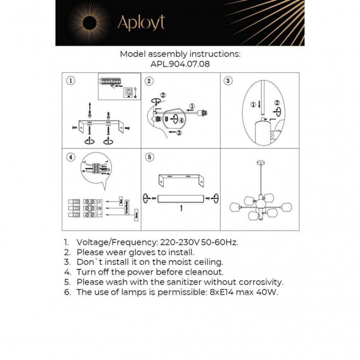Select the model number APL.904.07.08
click(180, 63)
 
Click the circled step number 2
click(149, 81)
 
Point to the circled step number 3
click(227, 81)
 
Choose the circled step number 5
click(149, 158)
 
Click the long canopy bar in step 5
click(180, 197)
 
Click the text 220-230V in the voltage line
click(177, 242)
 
